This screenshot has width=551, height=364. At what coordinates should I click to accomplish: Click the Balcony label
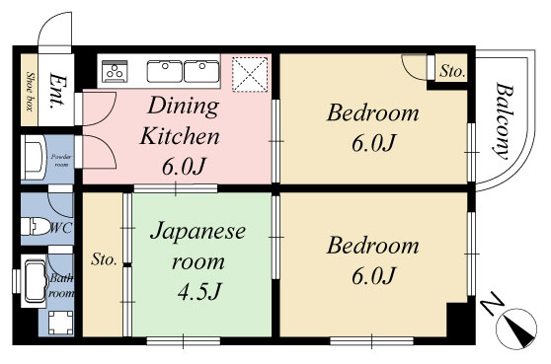click(504, 121)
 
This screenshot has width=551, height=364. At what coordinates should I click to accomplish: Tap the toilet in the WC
click(36, 226)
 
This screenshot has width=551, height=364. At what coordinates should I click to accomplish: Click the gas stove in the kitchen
click(115, 71)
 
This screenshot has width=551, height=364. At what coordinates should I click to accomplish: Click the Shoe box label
click(31, 92)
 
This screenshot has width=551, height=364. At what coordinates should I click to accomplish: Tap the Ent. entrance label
click(56, 90)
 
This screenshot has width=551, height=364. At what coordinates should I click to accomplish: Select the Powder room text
click(61, 160)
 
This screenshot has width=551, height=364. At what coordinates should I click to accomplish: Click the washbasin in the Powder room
click(34, 159)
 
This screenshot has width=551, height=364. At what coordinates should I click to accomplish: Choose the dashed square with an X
click(250, 74)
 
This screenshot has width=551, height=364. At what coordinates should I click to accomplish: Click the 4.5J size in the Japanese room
click(199, 292)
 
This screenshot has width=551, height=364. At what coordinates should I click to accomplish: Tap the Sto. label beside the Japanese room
click(104, 259)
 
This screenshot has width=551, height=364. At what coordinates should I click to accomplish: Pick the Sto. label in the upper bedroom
click(452, 72)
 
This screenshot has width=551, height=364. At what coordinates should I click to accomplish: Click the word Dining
click(183, 106)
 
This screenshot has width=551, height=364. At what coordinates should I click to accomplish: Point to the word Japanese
click(197, 231)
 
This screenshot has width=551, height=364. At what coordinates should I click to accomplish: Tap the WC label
click(62, 229)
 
